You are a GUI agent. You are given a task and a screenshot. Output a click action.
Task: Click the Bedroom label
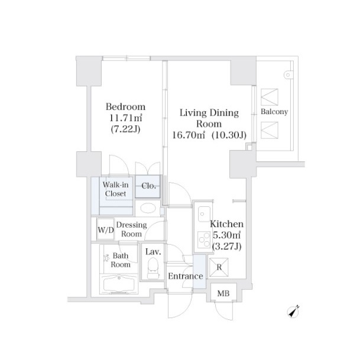(125, 107)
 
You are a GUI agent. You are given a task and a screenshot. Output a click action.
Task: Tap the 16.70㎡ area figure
(189, 135)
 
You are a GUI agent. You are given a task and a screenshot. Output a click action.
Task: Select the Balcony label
(274, 112)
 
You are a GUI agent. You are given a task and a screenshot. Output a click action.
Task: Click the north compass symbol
(293, 312)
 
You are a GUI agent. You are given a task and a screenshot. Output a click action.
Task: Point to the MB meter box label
(223, 293)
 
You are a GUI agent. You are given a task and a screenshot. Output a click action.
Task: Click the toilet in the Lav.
(153, 268)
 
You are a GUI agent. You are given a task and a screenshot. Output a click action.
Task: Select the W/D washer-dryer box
(106, 230)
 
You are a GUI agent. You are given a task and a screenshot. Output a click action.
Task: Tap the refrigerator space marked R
(219, 267)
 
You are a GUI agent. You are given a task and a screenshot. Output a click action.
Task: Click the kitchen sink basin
(204, 214)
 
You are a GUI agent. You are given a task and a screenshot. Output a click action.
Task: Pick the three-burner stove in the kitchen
(204, 239)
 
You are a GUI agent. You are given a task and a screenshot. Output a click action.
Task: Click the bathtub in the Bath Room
(119, 284)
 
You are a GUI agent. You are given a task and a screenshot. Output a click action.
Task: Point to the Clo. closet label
(148, 186)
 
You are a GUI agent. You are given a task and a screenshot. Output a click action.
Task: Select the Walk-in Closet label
(115, 189)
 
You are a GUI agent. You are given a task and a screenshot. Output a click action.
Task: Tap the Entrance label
(186, 276)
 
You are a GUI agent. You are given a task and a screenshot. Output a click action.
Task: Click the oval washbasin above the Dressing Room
(147, 208)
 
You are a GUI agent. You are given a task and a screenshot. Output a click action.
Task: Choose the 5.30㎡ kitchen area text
(226, 235)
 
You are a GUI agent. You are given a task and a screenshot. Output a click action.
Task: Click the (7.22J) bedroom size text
(125, 129)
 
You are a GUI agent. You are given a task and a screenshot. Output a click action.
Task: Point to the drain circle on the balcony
(288, 75)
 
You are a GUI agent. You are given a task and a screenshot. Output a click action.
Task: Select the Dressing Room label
(131, 229)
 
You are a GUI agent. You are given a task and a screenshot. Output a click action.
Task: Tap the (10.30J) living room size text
(229, 135)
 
